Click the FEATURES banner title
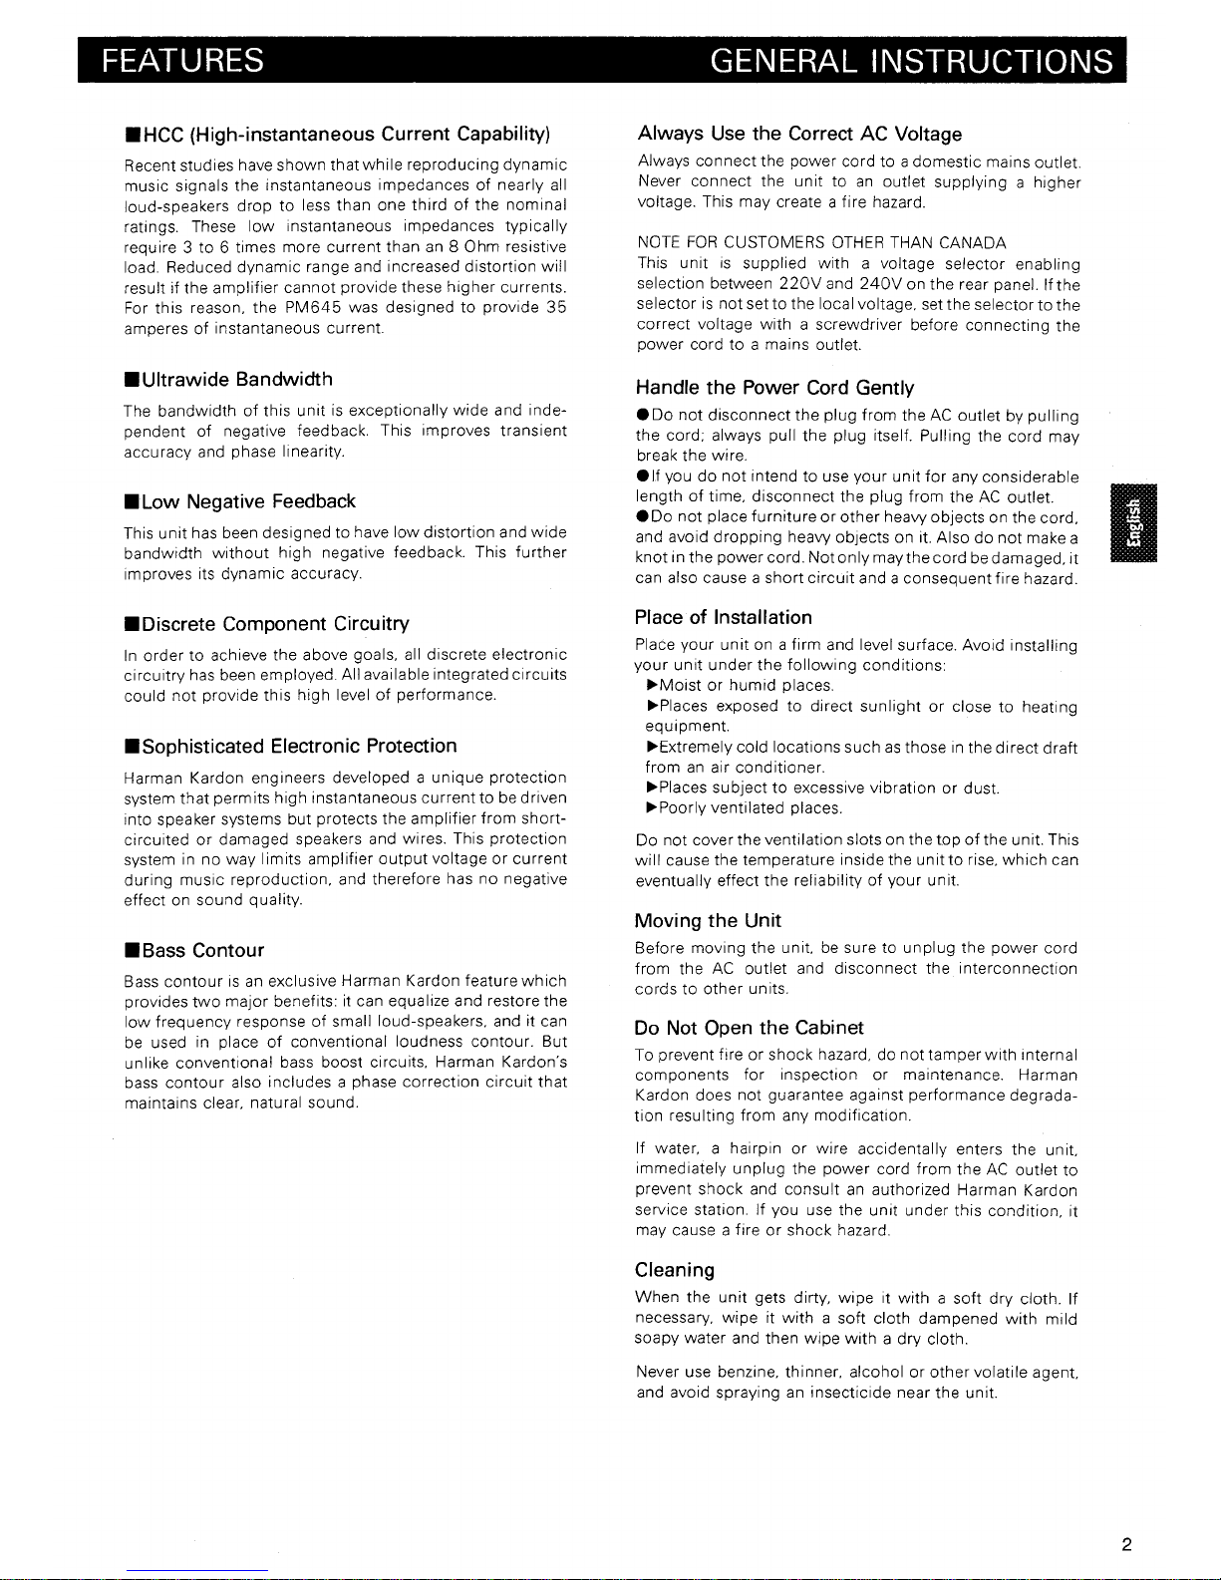[180, 61]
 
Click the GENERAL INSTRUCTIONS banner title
[911, 61]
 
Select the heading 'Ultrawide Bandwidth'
[228, 380]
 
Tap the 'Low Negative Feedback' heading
[239, 501]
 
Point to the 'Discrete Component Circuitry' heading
[266, 624]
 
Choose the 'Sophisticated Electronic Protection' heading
[290, 747]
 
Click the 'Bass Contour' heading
[194, 951]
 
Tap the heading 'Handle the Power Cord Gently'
[773, 388]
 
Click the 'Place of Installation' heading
[723, 618]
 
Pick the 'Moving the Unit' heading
[708, 921]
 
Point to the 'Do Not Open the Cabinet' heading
[749, 1028]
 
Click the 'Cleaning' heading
[675, 1271]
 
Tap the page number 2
[1125, 1546]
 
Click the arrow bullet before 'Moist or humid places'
[653, 686]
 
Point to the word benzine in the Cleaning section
[747, 1373]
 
